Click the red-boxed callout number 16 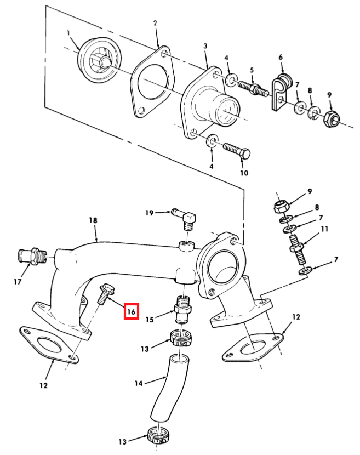coord(131,311)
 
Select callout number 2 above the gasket coord(155,23)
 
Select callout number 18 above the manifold coord(93,220)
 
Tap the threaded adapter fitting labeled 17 coord(32,256)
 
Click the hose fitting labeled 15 coord(182,309)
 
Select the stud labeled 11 coord(298,249)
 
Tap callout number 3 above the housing coord(205,46)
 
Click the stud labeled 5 coord(253,88)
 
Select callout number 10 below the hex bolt coord(244,173)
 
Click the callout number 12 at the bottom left coord(43,385)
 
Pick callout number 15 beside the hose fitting coord(150,320)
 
